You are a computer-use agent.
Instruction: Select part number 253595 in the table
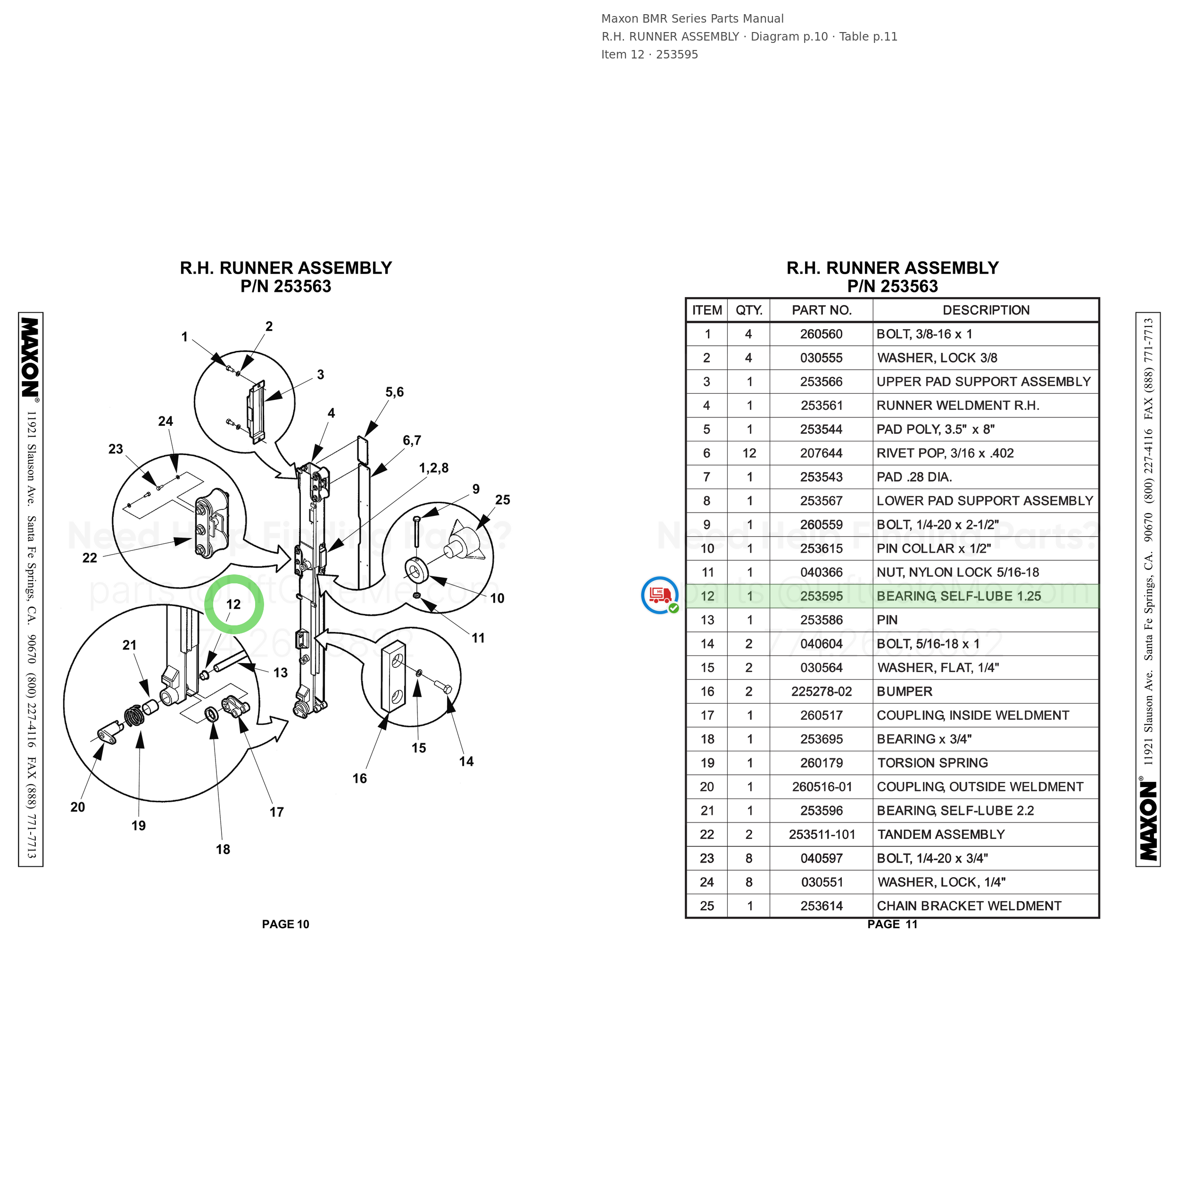click(x=822, y=596)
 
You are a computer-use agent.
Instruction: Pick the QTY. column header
click(x=749, y=310)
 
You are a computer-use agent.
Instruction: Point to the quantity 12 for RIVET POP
click(x=749, y=453)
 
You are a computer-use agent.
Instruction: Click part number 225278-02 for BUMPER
click(x=822, y=691)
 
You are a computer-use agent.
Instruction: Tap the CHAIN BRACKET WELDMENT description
click(x=969, y=905)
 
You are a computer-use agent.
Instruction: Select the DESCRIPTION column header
click(x=986, y=310)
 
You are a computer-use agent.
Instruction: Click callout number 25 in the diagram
click(x=503, y=500)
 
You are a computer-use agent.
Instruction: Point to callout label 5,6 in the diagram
click(x=394, y=392)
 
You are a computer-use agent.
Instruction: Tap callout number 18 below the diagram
click(x=223, y=849)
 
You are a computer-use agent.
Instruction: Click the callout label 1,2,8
click(x=434, y=468)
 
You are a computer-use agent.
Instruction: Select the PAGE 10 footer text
click(x=286, y=924)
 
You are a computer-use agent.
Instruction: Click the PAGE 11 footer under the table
click(x=892, y=924)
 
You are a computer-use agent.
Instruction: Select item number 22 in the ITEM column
click(x=706, y=834)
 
